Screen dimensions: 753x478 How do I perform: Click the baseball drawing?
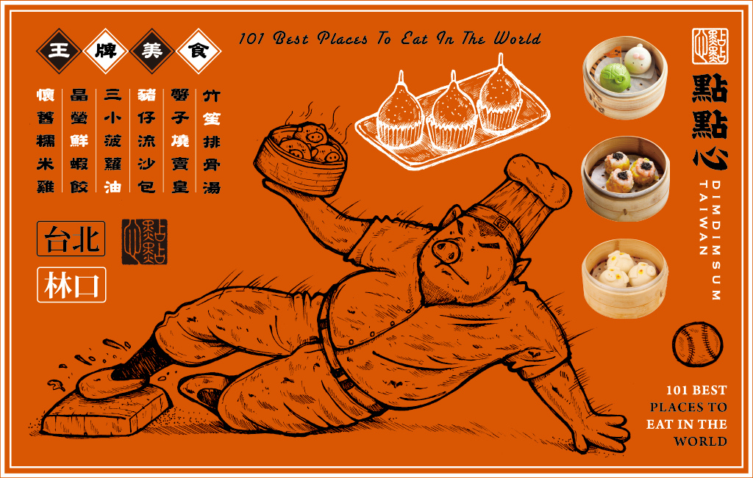697,344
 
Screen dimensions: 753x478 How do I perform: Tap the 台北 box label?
71,239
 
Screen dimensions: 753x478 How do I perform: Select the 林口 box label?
71,285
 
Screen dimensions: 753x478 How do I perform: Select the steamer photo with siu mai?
625,178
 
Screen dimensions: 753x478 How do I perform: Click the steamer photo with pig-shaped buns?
625,278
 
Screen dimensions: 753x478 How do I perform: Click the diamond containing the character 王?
59,51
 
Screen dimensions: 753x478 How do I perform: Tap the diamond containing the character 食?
199,51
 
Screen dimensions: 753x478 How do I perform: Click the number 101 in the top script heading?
251,38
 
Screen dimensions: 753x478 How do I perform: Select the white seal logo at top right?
710,46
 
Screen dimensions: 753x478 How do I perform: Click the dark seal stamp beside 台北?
144,242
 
